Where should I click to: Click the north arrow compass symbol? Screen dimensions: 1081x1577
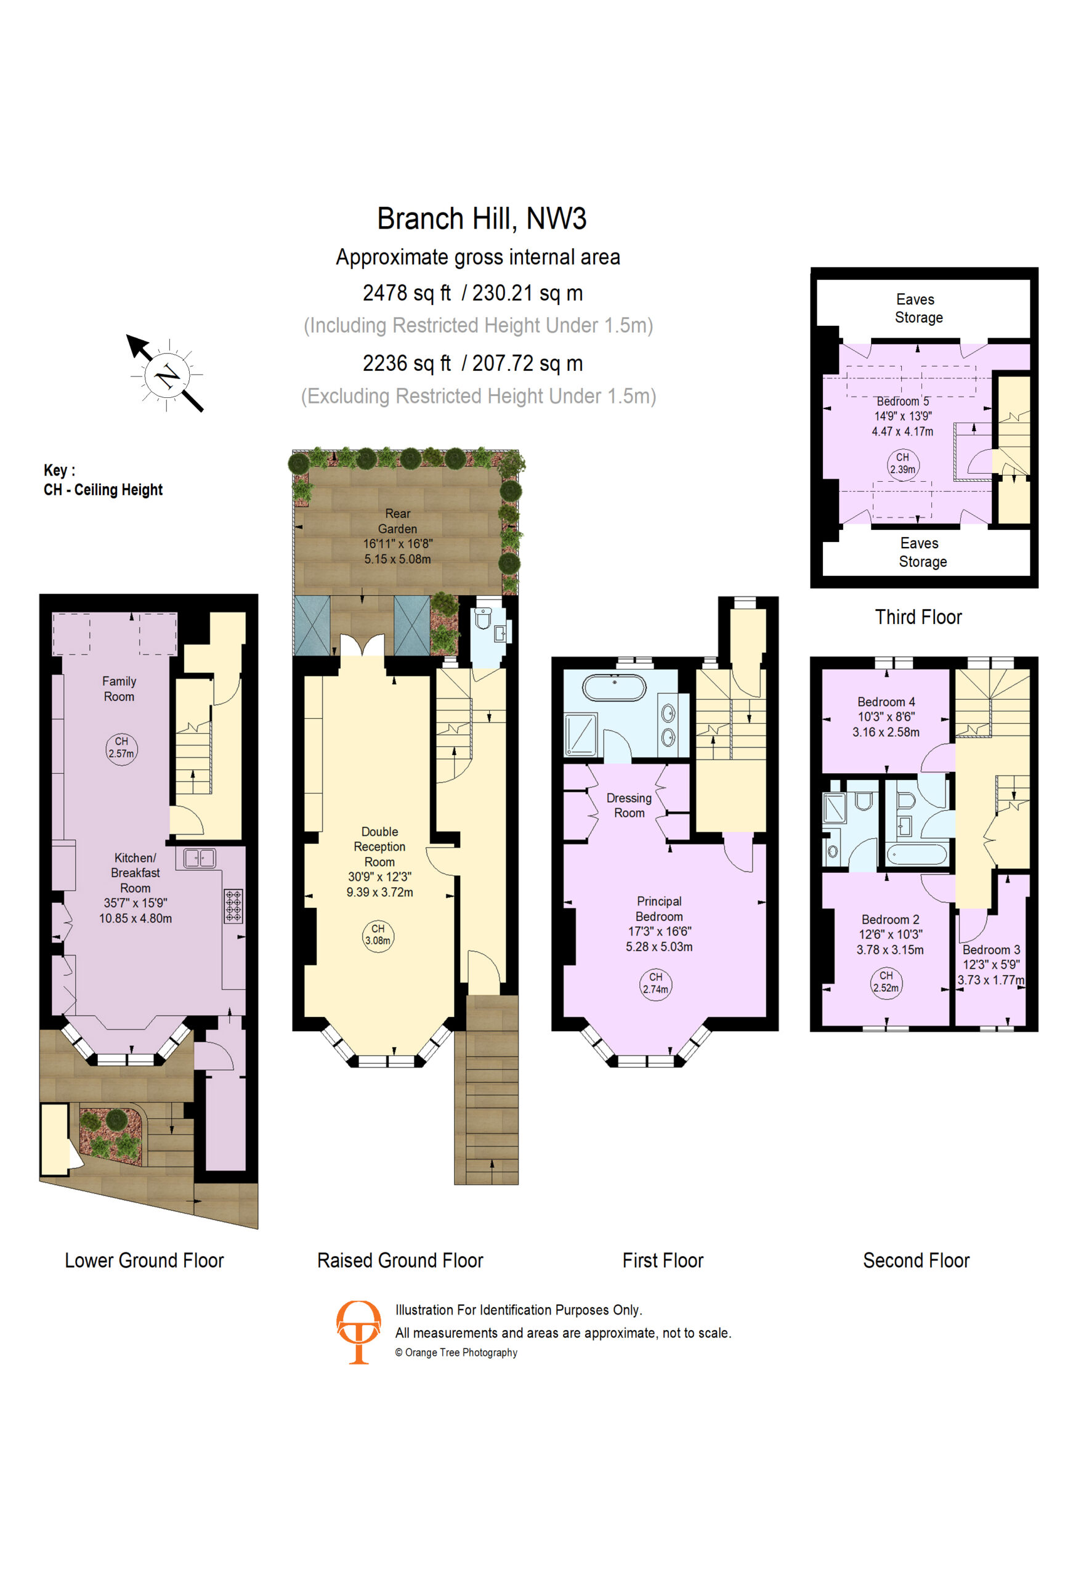point(166,374)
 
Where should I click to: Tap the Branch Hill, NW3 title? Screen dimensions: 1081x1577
point(481,219)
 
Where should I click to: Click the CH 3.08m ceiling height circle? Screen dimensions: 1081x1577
point(378,936)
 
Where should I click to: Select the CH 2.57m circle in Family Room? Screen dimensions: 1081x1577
point(121,749)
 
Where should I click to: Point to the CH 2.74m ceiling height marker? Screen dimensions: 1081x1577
point(655,984)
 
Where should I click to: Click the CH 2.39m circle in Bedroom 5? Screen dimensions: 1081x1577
point(902,465)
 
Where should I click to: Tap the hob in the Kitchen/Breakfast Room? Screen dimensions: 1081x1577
point(233,906)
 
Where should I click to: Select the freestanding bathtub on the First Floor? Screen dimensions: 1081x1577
point(615,687)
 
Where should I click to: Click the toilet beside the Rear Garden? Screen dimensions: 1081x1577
point(482,618)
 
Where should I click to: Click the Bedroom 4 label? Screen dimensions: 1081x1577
point(886,702)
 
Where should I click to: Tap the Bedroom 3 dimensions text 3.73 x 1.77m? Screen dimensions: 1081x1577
point(990,980)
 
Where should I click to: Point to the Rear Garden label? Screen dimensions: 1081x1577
point(398,521)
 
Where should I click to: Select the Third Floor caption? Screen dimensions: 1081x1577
point(918,617)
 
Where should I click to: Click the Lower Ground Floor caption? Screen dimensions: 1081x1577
point(144,1260)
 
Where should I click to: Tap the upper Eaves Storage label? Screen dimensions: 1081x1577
point(918,308)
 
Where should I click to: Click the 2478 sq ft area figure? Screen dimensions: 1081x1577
point(407,293)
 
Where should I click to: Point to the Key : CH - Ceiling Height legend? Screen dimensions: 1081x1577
point(103,480)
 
